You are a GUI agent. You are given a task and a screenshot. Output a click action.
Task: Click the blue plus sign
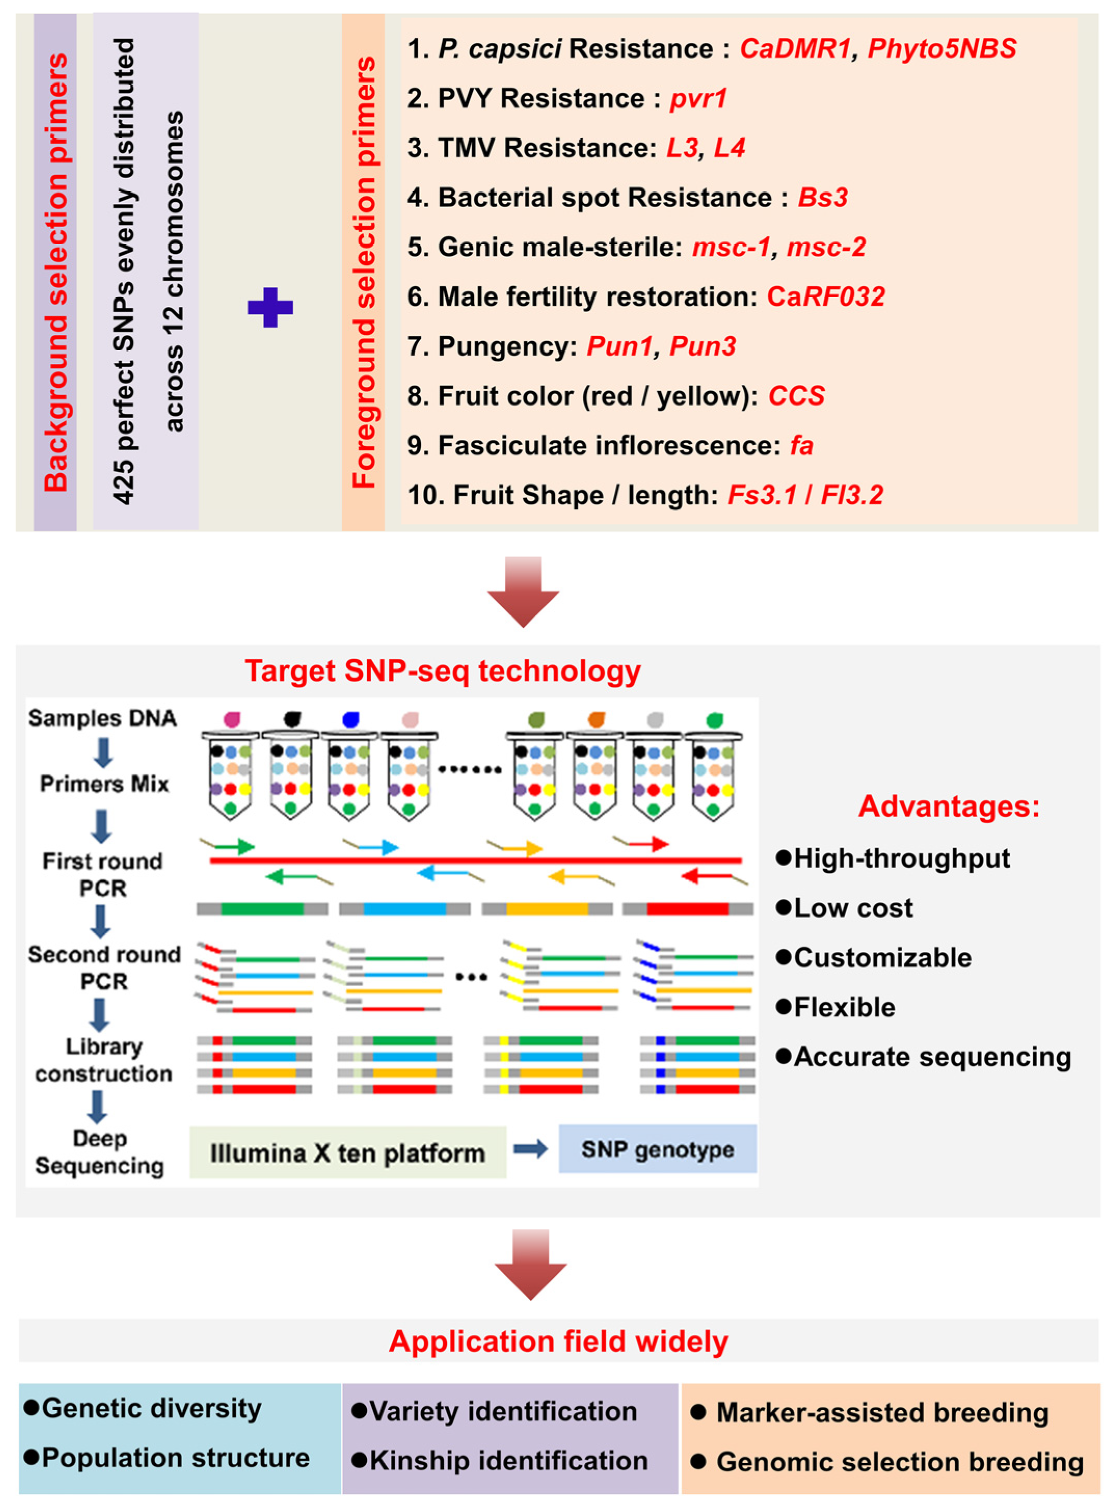tap(270, 308)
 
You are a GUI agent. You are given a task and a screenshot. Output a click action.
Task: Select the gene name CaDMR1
tap(795, 49)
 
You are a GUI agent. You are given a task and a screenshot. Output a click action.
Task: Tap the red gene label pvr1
tap(698, 99)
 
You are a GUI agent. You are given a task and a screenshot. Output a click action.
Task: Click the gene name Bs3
tap(822, 198)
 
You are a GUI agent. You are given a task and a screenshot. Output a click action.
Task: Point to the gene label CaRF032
tap(825, 297)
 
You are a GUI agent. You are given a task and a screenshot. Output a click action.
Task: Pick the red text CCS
tap(796, 396)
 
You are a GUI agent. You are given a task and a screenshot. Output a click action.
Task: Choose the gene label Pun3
tap(703, 347)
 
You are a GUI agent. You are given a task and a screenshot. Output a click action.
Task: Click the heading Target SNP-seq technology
tap(442, 671)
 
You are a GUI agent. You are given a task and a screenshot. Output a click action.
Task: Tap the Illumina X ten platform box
tap(347, 1153)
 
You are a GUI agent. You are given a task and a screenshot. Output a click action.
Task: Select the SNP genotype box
tap(657, 1150)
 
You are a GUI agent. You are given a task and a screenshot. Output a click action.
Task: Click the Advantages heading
tap(949, 806)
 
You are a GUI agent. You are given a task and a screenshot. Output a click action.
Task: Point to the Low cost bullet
tap(852, 908)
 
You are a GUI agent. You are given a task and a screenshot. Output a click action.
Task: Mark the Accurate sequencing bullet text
tap(932, 1057)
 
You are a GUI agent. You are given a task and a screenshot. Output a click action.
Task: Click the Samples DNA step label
tap(102, 718)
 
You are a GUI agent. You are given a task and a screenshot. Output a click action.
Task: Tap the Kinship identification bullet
tap(508, 1461)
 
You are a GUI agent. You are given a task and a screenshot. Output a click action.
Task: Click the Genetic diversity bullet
tap(152, 1408)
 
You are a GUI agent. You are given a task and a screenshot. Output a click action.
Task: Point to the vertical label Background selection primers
tap(56, 272)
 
